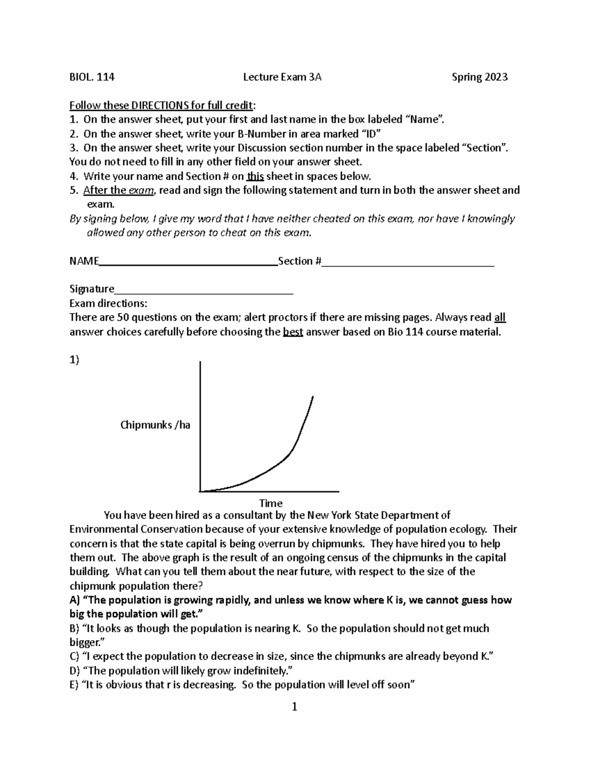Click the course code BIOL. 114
[x=92, y=77]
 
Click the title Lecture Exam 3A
[x=282, y=77]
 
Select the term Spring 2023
[x=479, y=77]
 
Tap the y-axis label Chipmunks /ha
[x=155, y=425]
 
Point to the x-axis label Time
[x=271, y=503]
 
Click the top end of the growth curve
[x=313, y=397]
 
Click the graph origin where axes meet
[x=200, y=490]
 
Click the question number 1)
[x=74, y=360]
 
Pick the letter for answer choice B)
[x=74, y=628]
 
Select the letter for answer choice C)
[x=74, y=656]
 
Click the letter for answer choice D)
[x=74, y=671]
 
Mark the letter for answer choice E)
[x=74, y=685]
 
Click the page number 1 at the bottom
[x=295, y=707]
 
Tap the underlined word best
[x=293, y=332]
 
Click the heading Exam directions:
[x=108, y=304]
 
